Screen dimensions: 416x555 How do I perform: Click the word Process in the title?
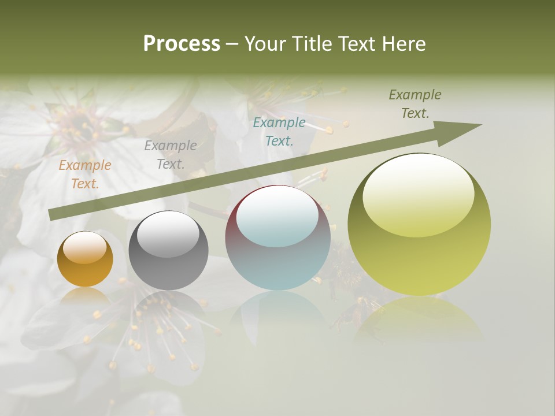[x=182, y=44]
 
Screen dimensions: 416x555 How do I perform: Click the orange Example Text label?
[x=85, y=174]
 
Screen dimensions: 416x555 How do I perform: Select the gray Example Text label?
[x=171, y=154]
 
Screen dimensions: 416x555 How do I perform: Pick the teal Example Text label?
[x=279, y=131]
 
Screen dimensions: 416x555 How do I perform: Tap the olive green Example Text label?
[x=415, y=104]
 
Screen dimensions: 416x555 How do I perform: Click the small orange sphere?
[x=85, y=259]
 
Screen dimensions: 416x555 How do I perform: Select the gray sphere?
[x=168, y=251]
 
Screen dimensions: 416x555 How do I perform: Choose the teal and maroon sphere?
[x=277, y=238]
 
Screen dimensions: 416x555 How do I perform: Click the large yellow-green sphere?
[x=419, y=224]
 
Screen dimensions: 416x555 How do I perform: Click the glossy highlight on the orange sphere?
[x=84, y=247]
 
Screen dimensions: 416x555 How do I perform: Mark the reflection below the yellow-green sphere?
[x=419, y=321]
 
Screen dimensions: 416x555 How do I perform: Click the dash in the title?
[x=232, y=44]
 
